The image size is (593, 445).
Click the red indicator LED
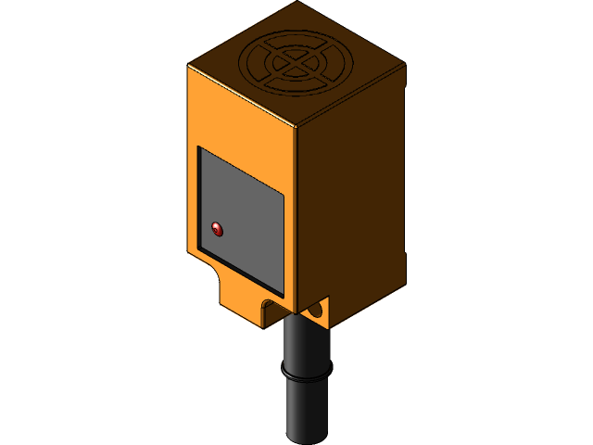point(218,226)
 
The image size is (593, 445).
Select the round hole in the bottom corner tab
point(320,309)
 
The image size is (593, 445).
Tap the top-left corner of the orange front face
point(190,68)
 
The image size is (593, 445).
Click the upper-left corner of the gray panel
point(200,148)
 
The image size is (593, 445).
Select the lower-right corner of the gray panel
point(283,288)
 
